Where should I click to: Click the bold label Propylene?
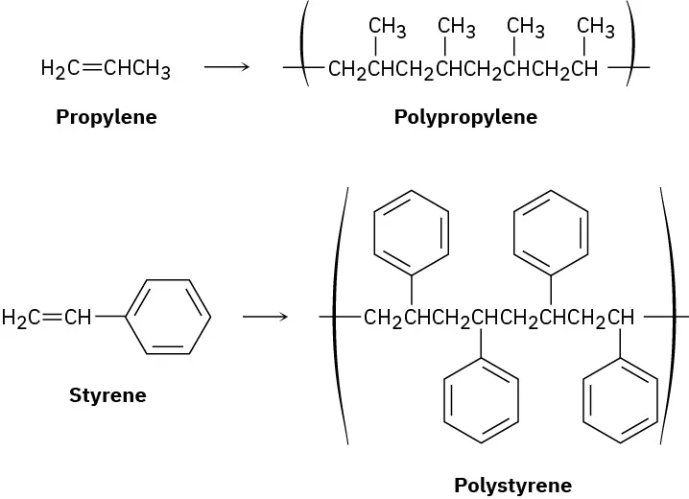[x=106, y=118]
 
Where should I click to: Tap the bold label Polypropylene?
[x=465, y=118]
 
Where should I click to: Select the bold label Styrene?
[x=107, y=394]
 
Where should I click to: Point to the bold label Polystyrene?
[x=512, y=485]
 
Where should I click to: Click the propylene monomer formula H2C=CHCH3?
[x=106, y=69]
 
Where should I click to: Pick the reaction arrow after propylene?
[x=226, y=68]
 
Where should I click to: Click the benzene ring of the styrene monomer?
[x=168, y=316]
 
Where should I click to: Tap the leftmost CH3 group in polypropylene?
[x=388, y=28]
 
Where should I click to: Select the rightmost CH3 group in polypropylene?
[x=596, y=28]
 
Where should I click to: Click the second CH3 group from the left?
[x=457, y=28]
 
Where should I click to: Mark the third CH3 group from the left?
[x=526, y=28]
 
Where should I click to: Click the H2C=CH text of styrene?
[x=45, y=317]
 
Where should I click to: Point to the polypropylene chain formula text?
[x=463, y=69]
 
